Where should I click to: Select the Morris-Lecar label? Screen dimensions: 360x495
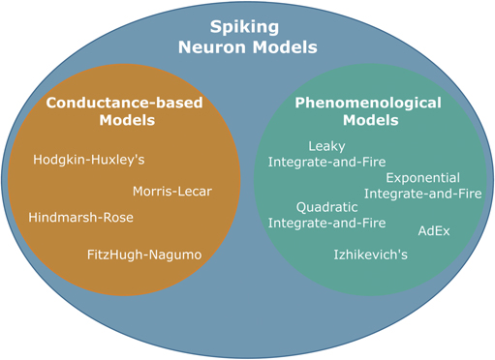pos(171,191)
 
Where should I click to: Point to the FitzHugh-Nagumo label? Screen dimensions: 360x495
pos(143,254)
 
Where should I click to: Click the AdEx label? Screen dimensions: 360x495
pos(433,231)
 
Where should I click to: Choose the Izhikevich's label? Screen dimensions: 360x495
pos(370,255)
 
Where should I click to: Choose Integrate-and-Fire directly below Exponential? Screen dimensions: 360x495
pos(422,194)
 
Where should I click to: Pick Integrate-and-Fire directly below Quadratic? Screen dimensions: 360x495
pos(326,223)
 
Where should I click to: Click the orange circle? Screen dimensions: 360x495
pos(58,184)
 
